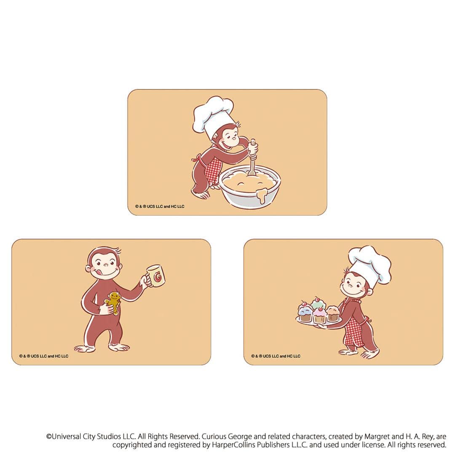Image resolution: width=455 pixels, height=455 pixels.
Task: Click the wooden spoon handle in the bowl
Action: click(x=252, y=162)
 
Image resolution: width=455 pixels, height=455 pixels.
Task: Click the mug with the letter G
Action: click(x=156, y=276)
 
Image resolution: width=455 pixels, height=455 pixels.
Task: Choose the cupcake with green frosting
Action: click(x=317, y=302)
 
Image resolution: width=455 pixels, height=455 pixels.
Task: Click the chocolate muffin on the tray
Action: click(x=333, y=313)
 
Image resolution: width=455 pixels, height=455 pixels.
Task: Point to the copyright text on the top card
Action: click(x=160, y=206)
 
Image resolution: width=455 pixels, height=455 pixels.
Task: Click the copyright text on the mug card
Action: click(x=43, y=356)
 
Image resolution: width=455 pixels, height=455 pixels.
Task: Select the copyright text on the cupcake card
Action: click(x=276, y=356)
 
